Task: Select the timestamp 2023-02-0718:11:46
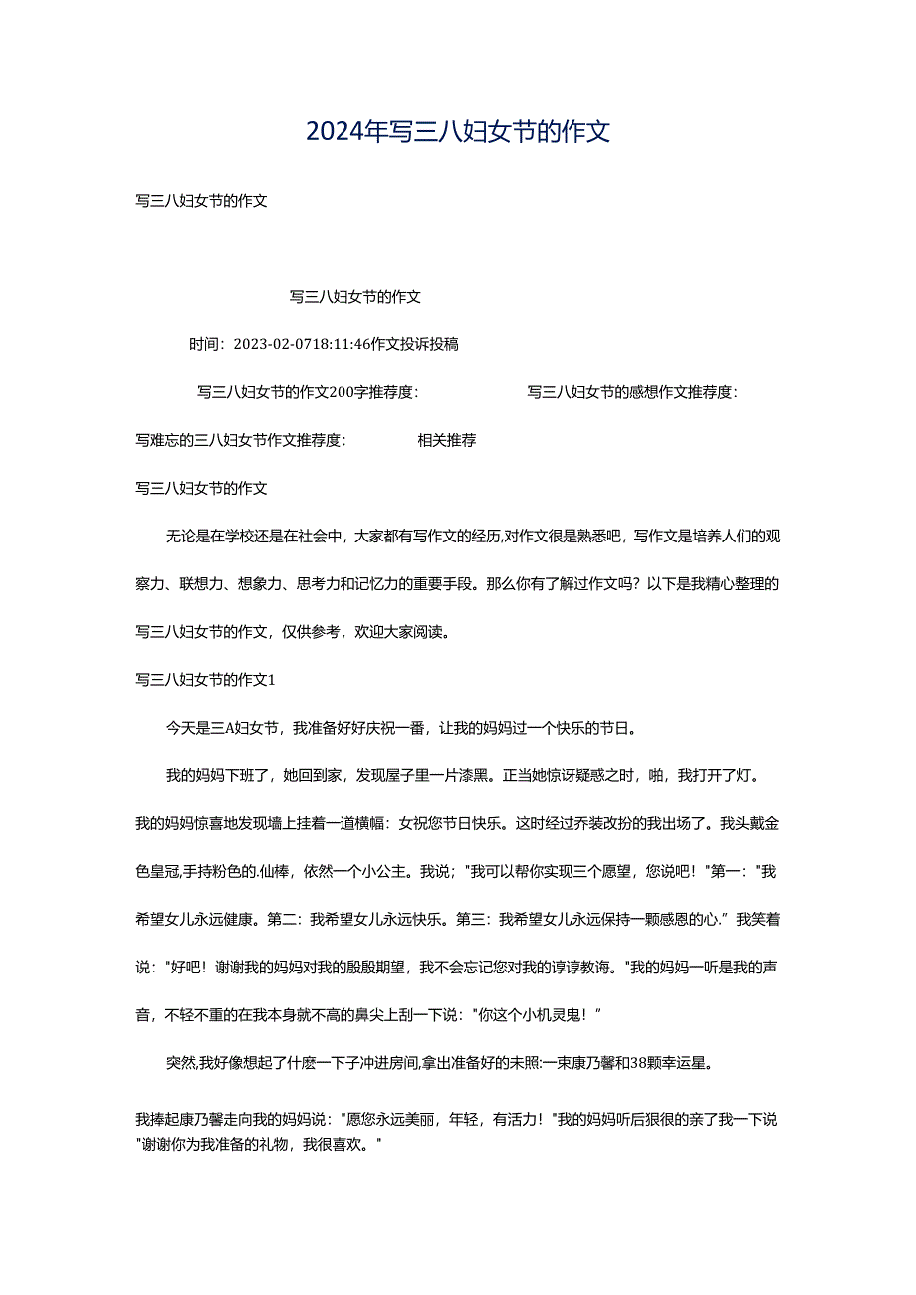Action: click(301, 344)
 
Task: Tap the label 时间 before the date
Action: click(203, 344)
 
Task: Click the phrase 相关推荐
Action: click(446, 440)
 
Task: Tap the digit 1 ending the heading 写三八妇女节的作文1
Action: click(271, 680)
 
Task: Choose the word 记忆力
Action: click(369, 584)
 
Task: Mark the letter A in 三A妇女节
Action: click(229, 728)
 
